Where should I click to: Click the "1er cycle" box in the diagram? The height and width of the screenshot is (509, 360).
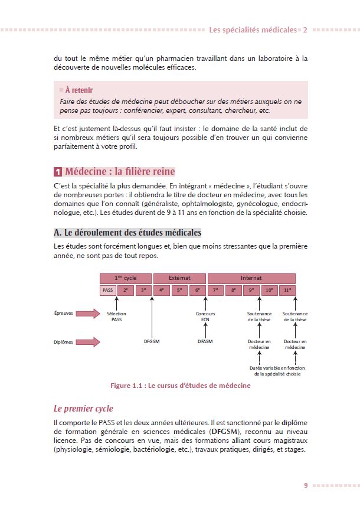[126, 278]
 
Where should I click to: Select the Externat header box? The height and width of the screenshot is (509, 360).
[179, 278]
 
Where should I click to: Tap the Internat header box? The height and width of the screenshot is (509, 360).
[251, 278]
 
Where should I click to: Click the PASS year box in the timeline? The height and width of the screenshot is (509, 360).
[108, 290]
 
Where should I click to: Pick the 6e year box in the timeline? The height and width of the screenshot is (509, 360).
[197, 290]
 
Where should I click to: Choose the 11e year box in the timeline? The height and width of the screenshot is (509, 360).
[287, 290]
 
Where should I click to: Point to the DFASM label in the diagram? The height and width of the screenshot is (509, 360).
[205, 341]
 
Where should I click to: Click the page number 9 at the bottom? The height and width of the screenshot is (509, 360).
[306, 485]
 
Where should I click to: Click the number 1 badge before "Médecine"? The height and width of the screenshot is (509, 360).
[58, 172]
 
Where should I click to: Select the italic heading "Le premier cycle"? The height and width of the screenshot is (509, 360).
[83, 408]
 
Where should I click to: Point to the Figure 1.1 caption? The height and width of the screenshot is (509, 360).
[180, 386]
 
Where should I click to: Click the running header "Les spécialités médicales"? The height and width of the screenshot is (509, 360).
[254, 30]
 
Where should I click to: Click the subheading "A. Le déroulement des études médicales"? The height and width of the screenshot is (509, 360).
[127, 232]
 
